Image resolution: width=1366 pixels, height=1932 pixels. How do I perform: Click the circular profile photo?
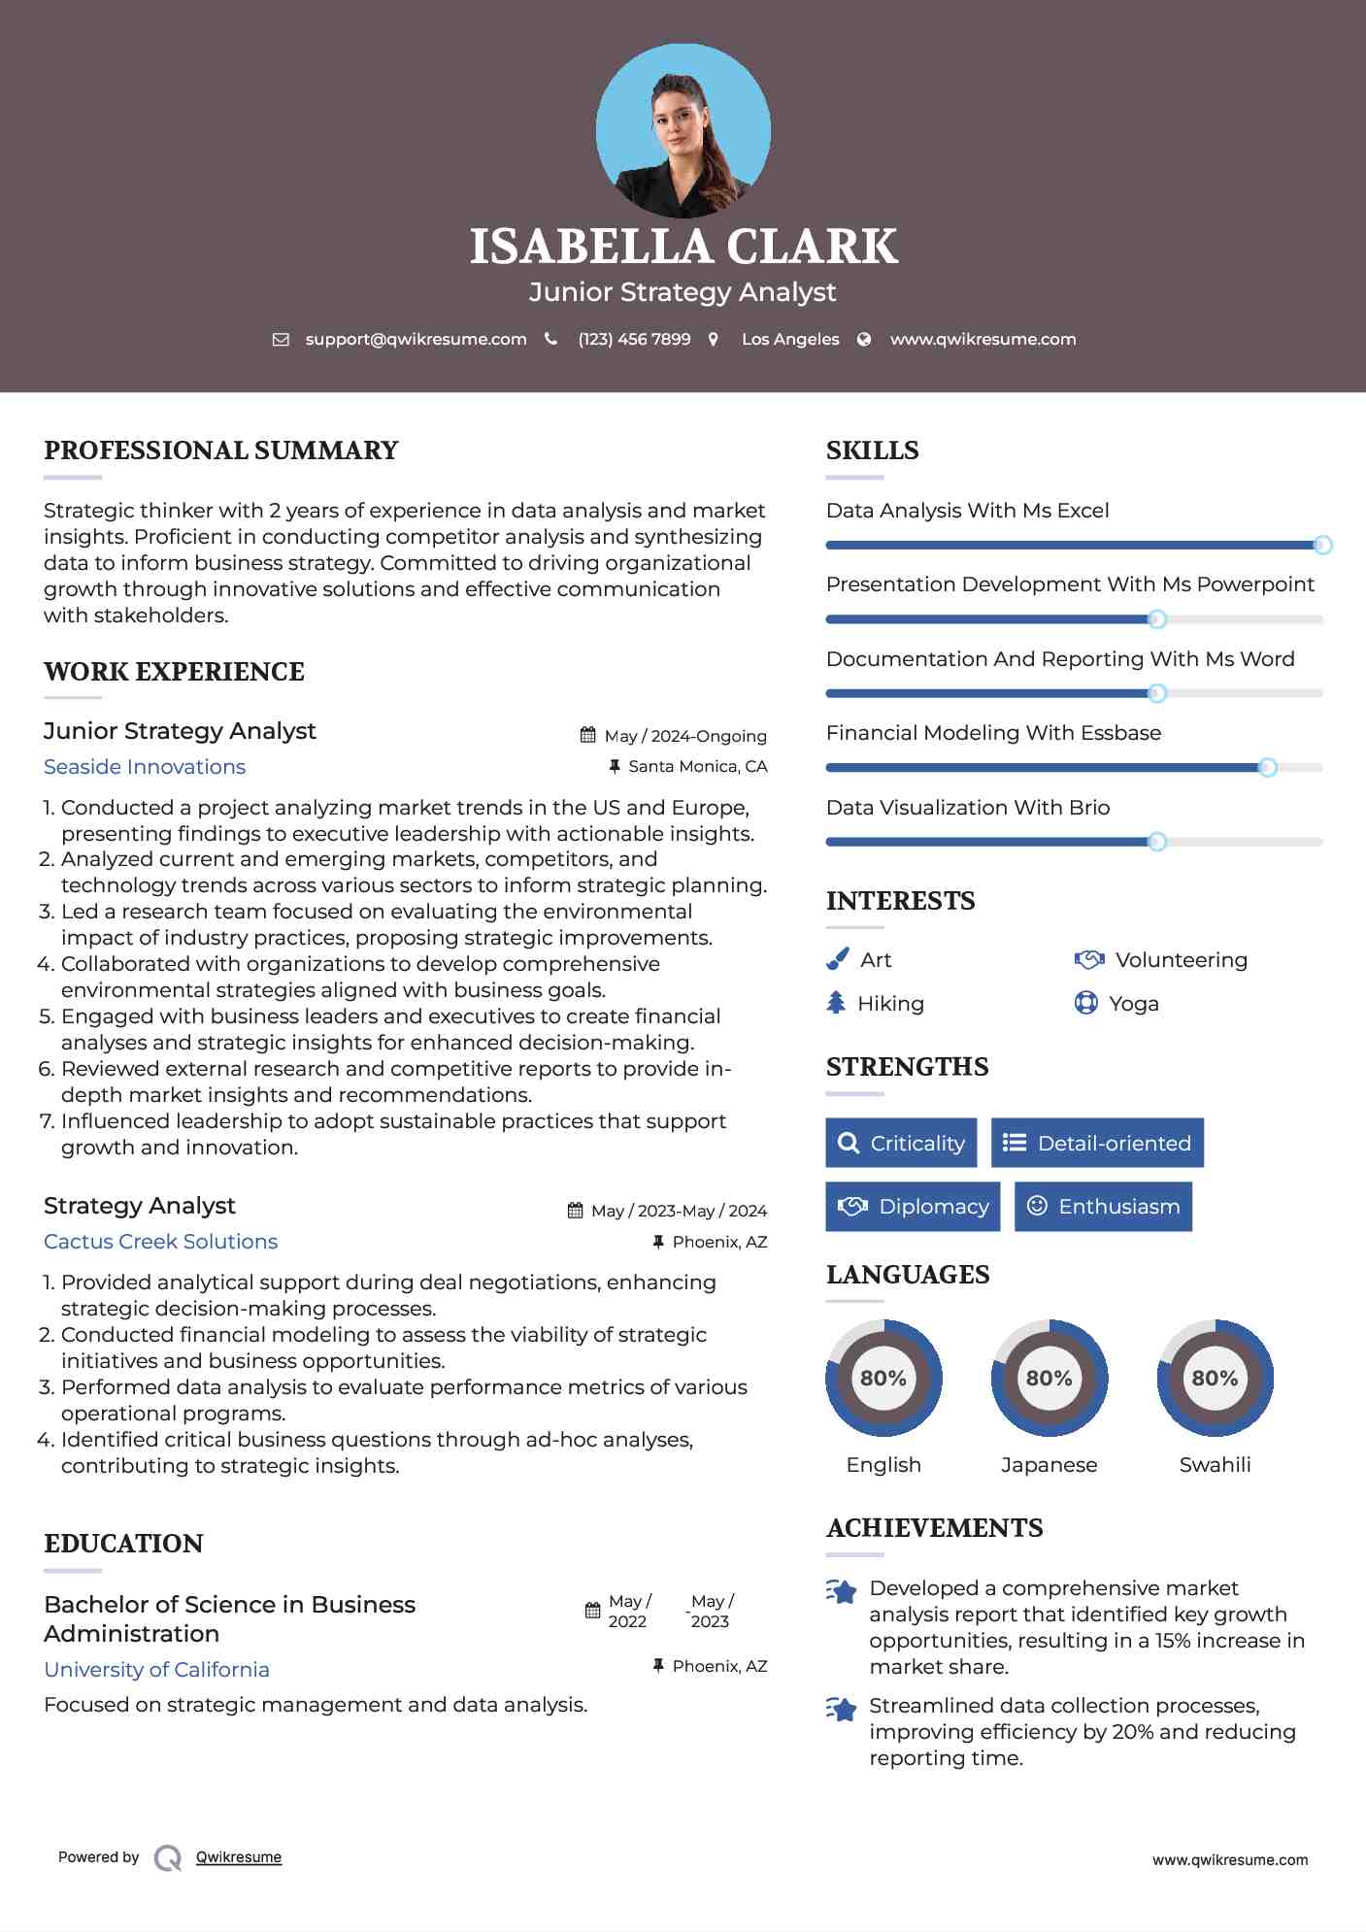click(x=683, y=130)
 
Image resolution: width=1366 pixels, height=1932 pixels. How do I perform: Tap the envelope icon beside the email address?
click(x=281, y=340)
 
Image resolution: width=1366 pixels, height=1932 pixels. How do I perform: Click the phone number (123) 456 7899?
click(x=634, y=340)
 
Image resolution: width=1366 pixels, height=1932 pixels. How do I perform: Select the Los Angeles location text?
click(x=790, y=340)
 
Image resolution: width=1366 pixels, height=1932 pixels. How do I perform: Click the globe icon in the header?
click(x=864, y=340)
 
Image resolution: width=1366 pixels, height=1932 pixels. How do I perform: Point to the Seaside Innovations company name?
click(x=145, y=767)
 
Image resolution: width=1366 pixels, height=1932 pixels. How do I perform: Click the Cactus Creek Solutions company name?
click(x=160, y=1242)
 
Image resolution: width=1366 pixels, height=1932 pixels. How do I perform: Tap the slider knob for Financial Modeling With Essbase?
click(x=1267, y=768)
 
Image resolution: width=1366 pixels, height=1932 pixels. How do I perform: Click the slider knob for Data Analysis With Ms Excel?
click(x=1322, y=546)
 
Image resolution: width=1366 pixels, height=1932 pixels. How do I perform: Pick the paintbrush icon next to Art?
click(x=837, y=960)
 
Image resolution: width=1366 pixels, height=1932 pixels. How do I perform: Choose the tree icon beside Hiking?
click(x=836, y=1003)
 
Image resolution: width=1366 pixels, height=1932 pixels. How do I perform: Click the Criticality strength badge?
click(x=901, y=1143)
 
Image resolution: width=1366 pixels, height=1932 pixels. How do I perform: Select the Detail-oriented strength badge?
click(x=1097, y=1143)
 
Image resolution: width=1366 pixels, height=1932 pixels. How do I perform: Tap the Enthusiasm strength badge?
click(x=1103, y=1207)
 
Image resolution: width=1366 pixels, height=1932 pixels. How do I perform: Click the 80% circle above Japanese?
click(x=1049, y=1378)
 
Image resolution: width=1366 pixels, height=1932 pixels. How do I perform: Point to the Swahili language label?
click(x=1215, y=1465)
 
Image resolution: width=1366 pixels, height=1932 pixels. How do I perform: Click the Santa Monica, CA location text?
click(x=697, y=767)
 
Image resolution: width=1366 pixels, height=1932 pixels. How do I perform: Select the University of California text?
click(x=156, y=1670)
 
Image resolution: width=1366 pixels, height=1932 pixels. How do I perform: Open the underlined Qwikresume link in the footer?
click(x=239, y=1857)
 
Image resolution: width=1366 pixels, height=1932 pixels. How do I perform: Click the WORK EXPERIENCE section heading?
click(x=174, y=672)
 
